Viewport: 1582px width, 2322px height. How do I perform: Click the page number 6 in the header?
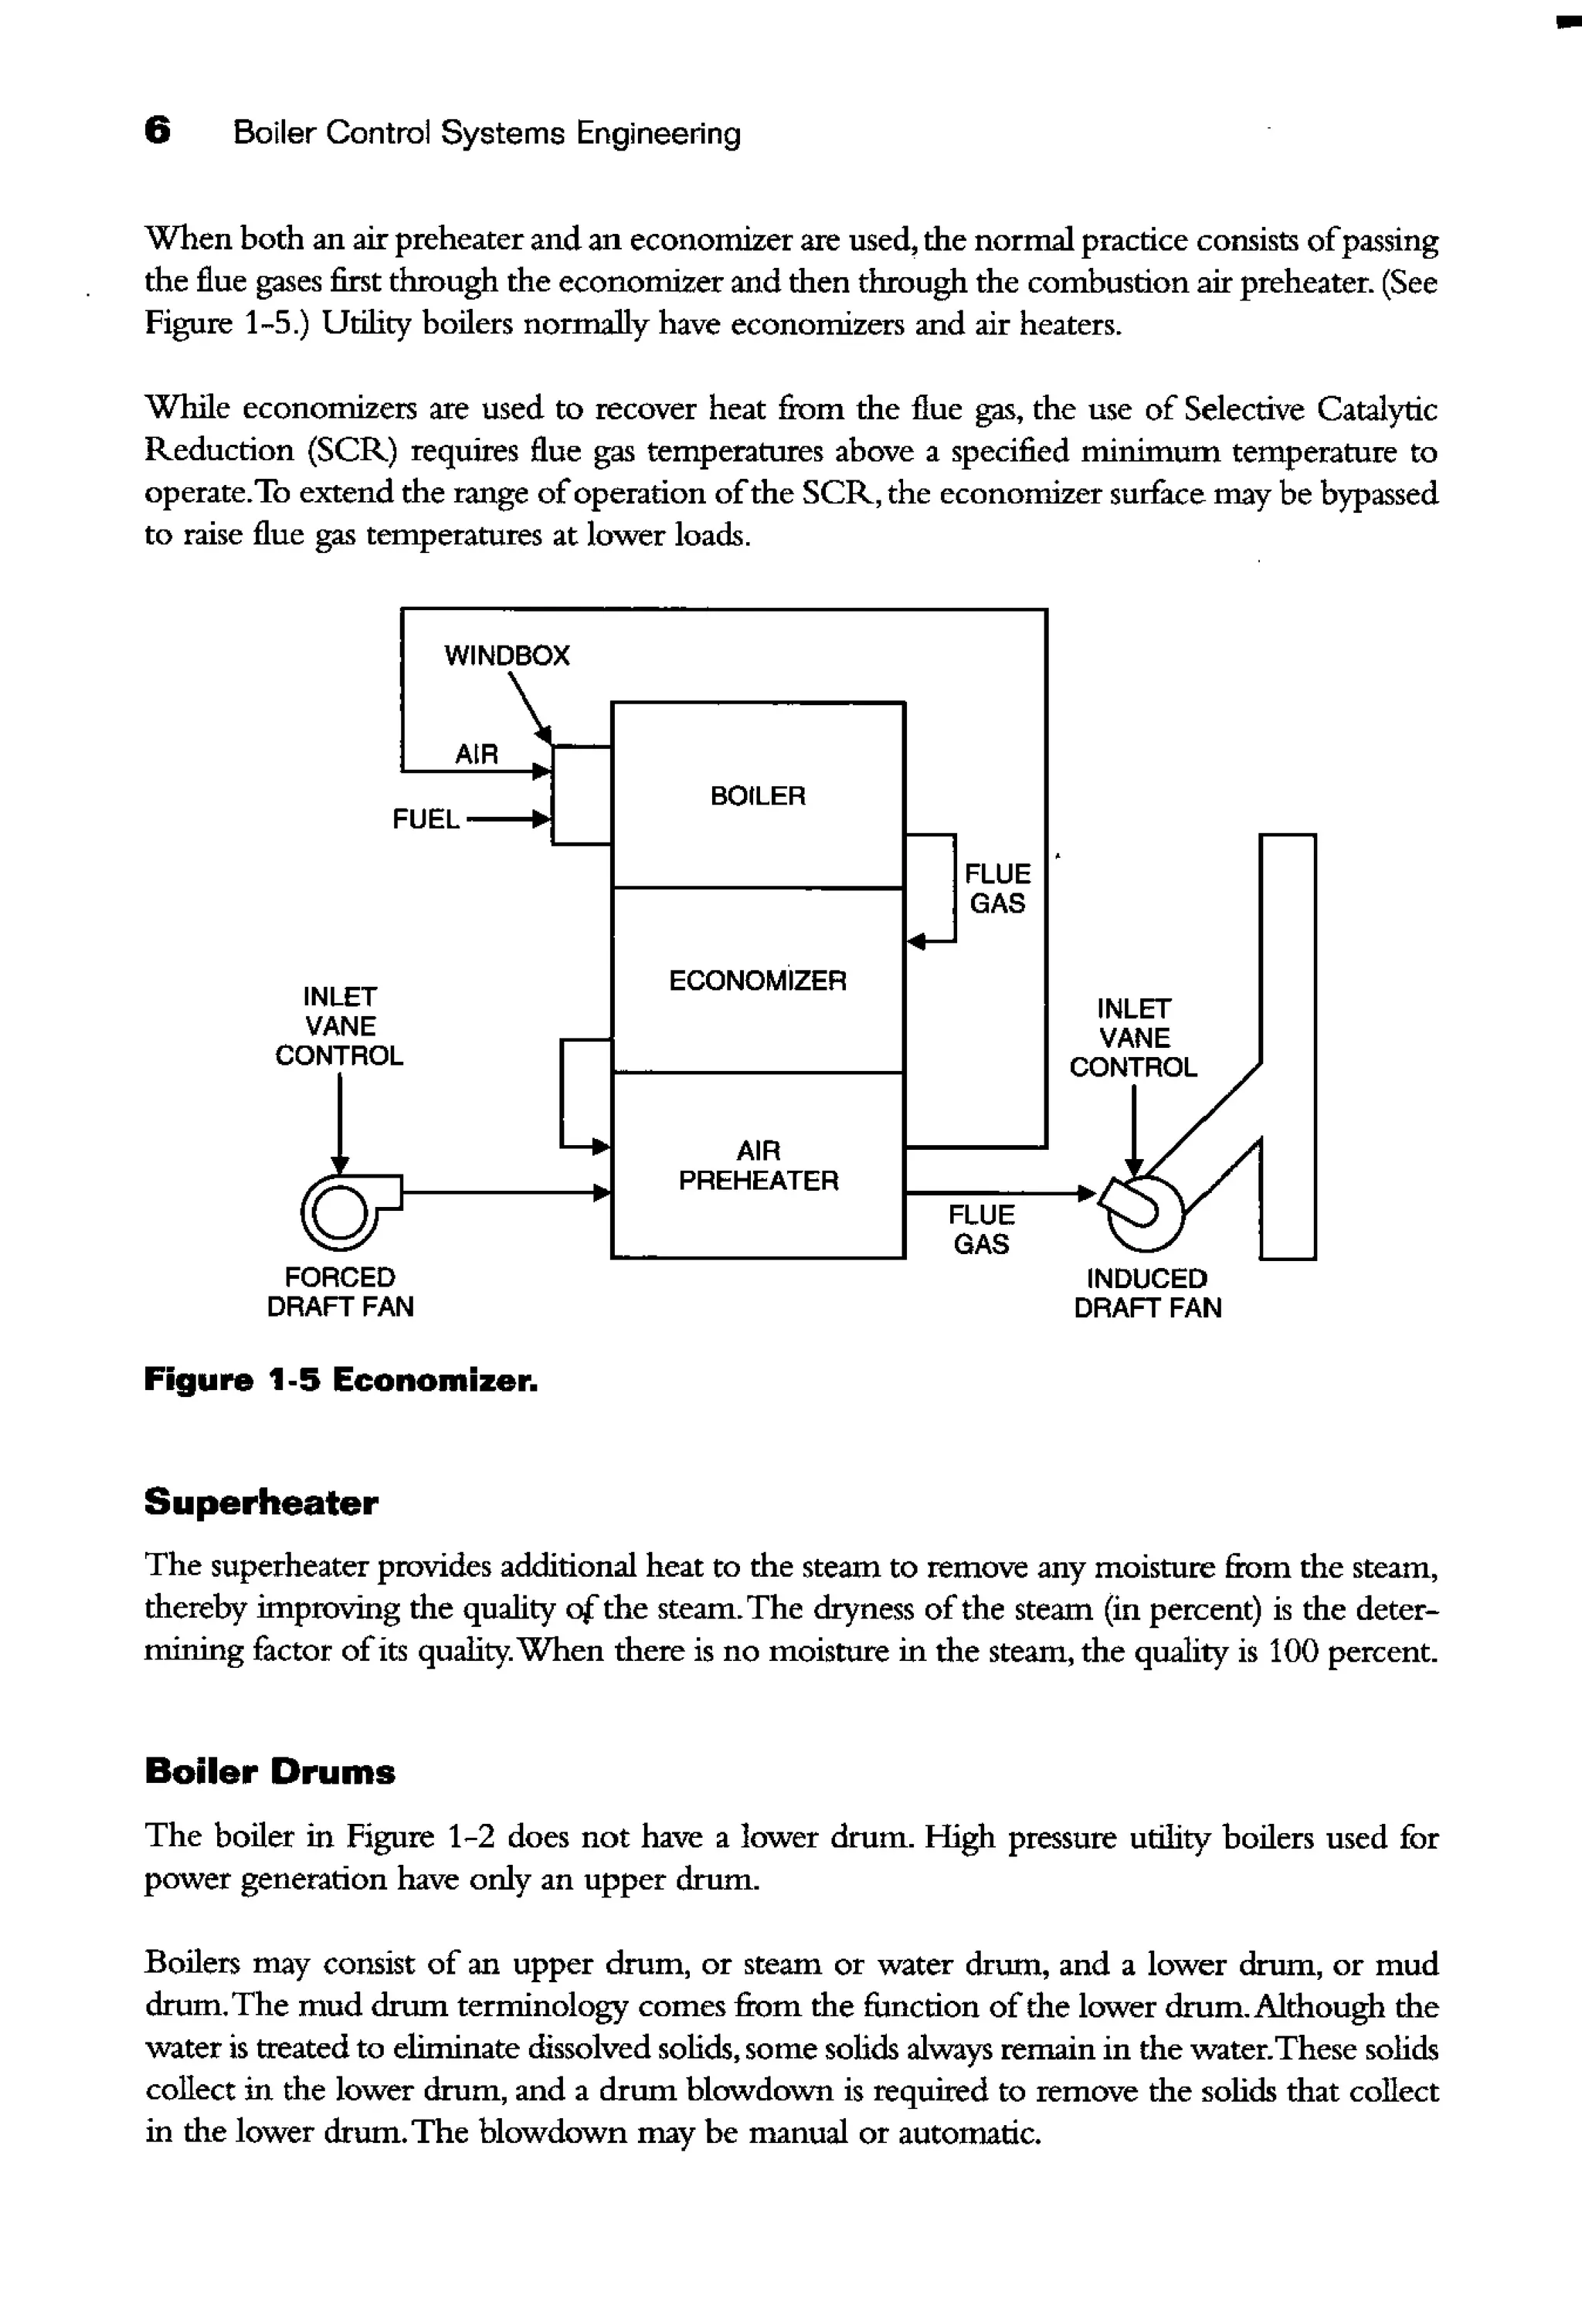click(157, 131)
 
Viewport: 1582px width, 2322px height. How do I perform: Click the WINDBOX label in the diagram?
click(507, 656)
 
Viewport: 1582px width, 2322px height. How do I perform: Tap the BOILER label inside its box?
click(758, 796)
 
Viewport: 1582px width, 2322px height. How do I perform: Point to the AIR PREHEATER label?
click(759, 1166)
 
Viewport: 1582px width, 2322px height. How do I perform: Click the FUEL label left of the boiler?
click(426, 819)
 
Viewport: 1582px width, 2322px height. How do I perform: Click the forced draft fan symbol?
click(340, 1211)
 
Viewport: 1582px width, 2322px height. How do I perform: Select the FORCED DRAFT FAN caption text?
click(340, 1292)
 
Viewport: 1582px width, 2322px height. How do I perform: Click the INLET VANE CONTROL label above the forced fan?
click(340, 1026)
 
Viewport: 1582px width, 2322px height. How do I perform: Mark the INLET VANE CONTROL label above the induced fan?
click(1133, 1038)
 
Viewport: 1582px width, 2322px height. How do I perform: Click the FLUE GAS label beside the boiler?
click(997, 888)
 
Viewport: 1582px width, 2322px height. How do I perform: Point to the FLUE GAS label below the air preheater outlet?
click(981, 1230)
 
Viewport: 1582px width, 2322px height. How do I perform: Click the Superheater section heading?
click(261, 1503)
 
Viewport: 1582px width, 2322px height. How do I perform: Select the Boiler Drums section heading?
click(270, 1771)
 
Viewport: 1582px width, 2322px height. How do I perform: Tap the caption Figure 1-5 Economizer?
click(341, 1381)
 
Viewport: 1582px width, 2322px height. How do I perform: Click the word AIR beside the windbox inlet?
click(476, 754)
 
